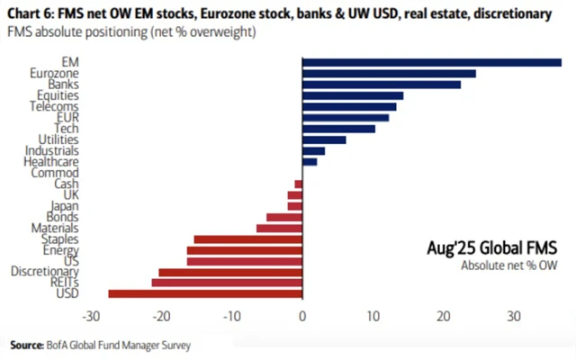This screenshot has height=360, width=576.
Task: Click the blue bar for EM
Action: click(432, 62)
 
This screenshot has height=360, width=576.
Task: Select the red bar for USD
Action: click(205, 293)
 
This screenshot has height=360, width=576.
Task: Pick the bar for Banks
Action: click(382, 84)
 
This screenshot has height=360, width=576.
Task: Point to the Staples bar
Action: click(248, 239)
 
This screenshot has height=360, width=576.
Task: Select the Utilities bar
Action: click(324, 139)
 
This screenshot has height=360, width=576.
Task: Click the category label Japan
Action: click(66, 205)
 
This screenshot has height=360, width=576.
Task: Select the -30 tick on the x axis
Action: click(90, 317)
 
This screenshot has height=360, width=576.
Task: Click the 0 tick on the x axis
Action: click(302, 317)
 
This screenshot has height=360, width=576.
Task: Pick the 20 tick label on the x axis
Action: click(443, 317)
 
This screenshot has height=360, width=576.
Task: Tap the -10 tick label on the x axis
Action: click(231, 317)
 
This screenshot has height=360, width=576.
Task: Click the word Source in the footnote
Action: click(27, 345)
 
